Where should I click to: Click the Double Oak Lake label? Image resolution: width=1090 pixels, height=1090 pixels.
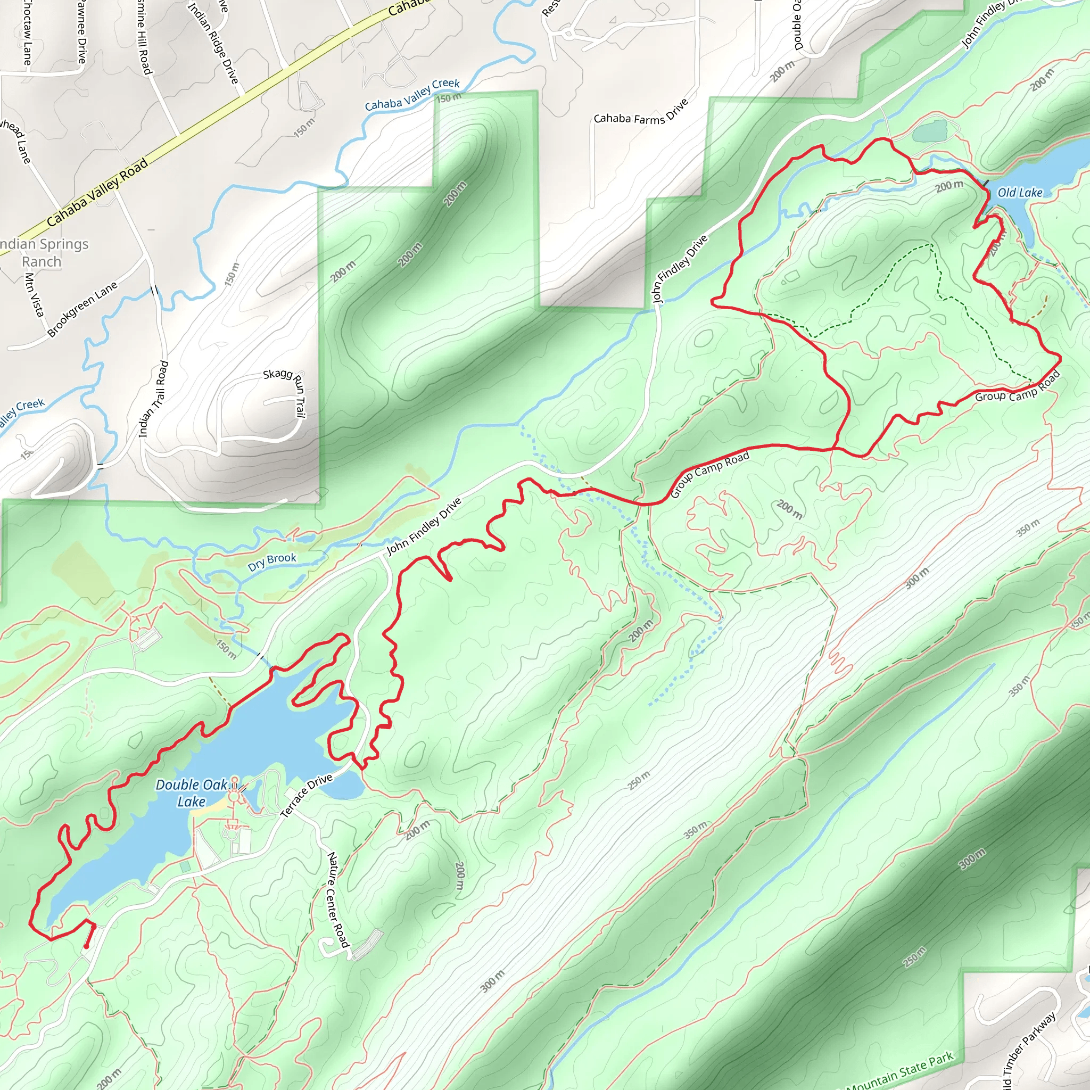(191, 792)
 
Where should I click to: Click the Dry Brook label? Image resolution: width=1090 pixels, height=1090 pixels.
(272, 561)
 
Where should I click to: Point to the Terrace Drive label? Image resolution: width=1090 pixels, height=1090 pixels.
(307, 796)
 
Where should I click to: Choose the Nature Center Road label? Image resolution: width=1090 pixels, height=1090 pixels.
(338, 899)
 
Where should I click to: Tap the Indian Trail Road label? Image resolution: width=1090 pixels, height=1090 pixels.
(153, 399)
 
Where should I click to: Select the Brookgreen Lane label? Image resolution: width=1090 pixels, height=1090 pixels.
(82, 309)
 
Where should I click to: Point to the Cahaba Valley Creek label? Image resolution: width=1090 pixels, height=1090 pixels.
(412, 95)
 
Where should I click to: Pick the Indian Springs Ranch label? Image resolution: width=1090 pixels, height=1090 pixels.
(43, 252)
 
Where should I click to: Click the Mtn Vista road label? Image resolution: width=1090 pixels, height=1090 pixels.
(35, 294)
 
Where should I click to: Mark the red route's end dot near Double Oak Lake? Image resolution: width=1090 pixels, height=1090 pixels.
(86, 947)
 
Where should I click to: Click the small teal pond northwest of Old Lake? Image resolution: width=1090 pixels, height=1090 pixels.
(930, 131)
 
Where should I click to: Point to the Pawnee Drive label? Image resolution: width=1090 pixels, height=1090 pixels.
(82, 32)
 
